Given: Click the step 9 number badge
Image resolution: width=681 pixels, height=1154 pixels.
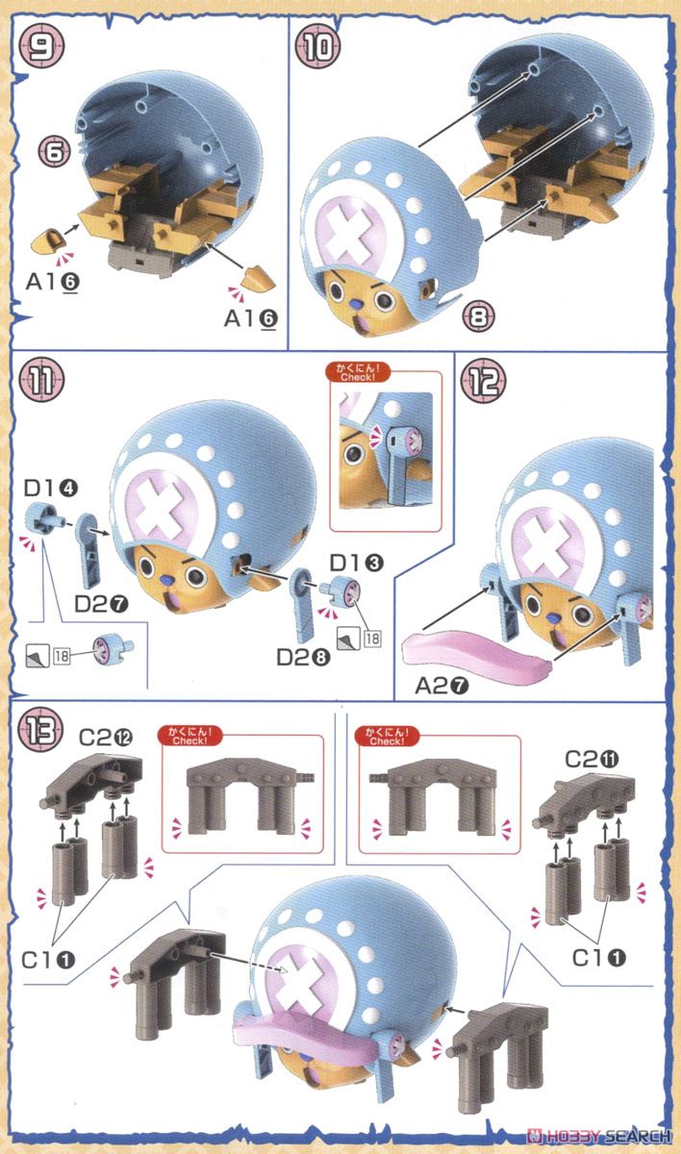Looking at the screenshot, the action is [x=41, y=46].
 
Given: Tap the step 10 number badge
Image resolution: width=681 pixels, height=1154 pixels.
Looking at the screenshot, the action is [x=317, y=47].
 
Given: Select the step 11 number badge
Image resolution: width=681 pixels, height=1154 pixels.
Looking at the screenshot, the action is [x=41, y=380].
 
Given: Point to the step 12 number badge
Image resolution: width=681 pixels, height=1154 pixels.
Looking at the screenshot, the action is [x=483, y=381].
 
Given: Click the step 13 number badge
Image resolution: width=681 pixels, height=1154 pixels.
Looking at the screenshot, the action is [x=40, y=730].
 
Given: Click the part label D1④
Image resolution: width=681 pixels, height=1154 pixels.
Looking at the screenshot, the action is [x=50, y=488].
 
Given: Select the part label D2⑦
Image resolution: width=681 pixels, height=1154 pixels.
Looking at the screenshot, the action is [x=102, y=604].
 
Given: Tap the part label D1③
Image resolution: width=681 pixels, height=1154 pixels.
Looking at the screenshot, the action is [x=357, y=564].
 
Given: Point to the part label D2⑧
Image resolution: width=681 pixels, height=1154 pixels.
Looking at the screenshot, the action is [x=303, y=657].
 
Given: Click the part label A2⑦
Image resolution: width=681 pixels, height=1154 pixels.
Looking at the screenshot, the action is [x=441, y=686].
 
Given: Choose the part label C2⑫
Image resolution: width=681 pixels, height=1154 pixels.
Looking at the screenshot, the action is [x=106, y=738].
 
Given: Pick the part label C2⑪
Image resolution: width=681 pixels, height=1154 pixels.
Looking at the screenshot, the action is [x=592, y=759].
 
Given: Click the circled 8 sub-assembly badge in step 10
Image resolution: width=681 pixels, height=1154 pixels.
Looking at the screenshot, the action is [x=479, y=315].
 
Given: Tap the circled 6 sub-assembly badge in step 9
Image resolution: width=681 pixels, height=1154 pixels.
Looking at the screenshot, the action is [x=55, y=152].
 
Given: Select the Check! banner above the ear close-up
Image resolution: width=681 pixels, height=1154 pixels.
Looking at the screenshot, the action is [x=358, y=372].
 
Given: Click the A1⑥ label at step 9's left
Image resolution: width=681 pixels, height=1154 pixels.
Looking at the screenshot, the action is [x=53, y=281].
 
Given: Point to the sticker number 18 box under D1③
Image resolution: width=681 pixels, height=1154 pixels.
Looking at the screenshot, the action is [x=372, y=639].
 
